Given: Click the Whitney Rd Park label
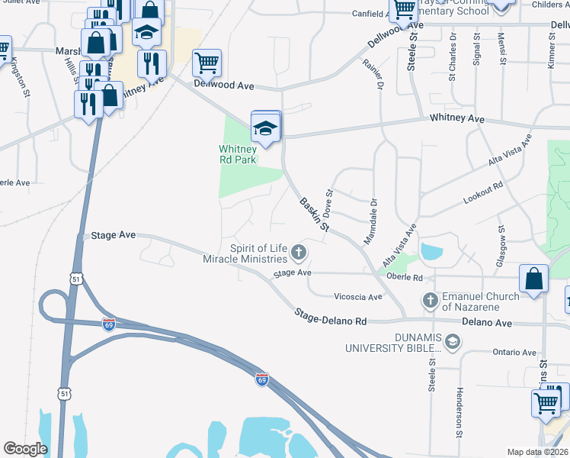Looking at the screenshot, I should [x=238, y=154].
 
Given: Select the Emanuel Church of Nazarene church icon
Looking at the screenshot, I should [x=430, y=300].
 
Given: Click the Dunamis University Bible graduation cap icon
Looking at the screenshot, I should [x=453, y=341].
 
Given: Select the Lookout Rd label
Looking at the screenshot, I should [x=483, y=192].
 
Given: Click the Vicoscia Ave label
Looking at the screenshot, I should [x=357, y=296].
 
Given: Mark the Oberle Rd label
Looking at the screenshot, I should [x=404, y=276].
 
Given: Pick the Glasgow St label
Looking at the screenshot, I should [x=501, y=240].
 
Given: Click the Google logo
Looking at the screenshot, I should [x=26, y=449].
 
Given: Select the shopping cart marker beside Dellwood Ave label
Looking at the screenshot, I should [x=207, y=63].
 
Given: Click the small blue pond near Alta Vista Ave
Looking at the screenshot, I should [x=431, y=252].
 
